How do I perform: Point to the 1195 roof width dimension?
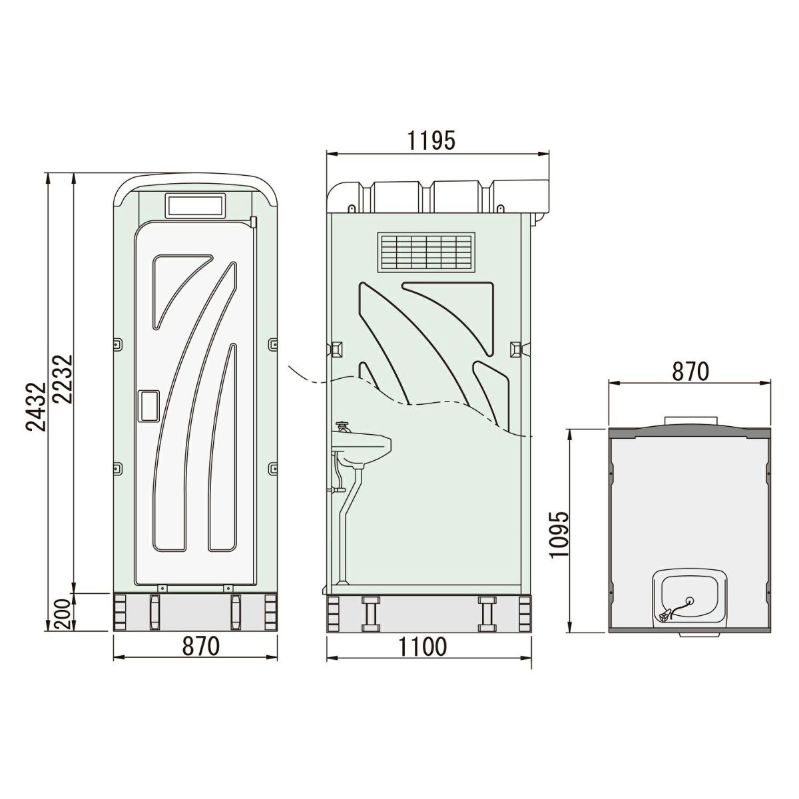click(x=431, y=140)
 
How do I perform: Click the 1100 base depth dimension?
click(x=423, y=647)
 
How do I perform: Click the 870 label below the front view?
click(x=200, y=647)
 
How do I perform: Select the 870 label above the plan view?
click(x=690, y=372)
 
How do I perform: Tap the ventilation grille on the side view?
click(x=426, y=252)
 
